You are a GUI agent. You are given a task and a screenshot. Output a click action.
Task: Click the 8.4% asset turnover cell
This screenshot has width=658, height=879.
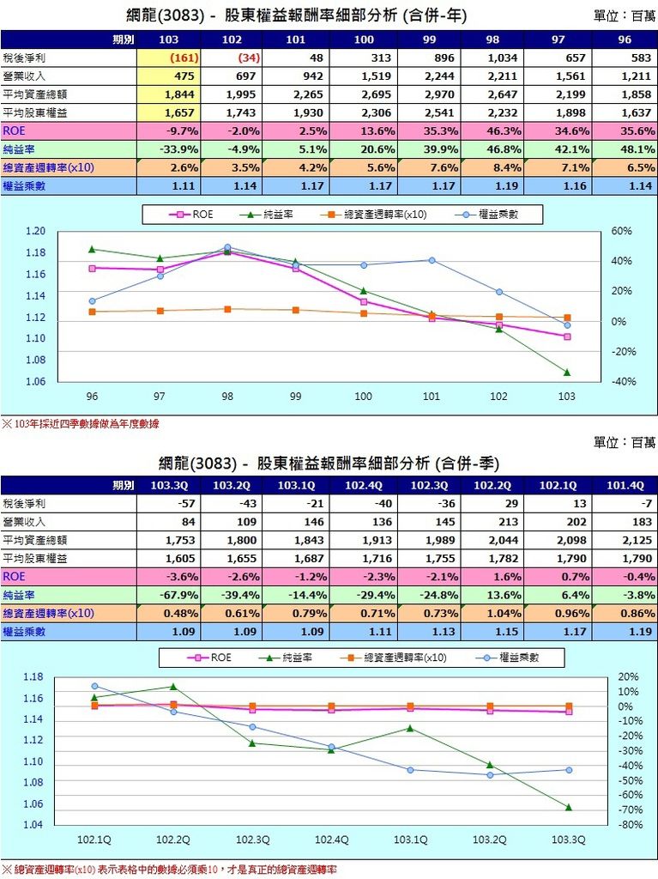tap(503, 167)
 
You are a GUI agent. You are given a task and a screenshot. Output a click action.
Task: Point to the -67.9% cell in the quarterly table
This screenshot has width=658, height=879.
tap(177, 595)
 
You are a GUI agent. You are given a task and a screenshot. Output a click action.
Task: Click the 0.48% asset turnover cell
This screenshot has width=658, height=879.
tap(177, 613)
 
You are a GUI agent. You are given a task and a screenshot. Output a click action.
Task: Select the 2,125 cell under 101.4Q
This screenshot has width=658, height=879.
tap(633, 540)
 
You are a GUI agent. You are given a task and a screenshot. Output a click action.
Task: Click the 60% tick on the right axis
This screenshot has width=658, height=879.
tap(622, 231)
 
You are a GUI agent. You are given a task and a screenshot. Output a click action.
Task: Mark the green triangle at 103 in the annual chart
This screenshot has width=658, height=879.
tap(567, 373)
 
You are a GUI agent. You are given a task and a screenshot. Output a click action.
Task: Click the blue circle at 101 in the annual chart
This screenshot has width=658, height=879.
tap(432, 260)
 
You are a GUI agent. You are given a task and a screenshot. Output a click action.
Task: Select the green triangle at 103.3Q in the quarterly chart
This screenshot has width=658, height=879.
tap(569, 808)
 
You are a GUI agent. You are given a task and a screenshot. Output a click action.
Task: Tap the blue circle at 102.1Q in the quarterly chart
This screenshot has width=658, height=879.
tap(94, 686)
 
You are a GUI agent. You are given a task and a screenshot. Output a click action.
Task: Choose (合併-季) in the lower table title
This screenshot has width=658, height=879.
tap(468, 464)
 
